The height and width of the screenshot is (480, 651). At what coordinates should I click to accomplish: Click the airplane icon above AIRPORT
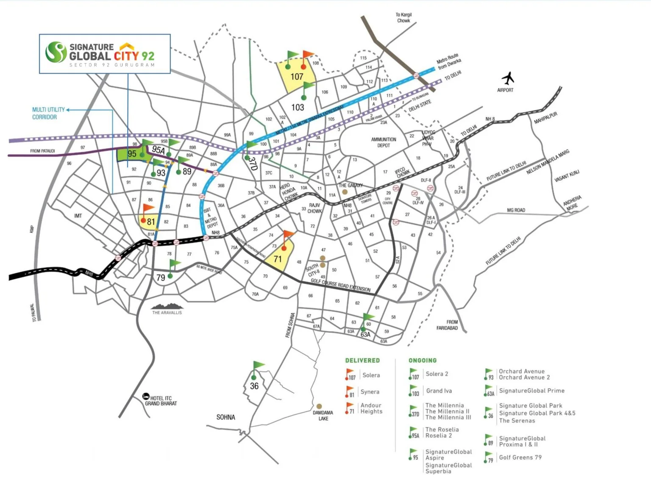(507, 79)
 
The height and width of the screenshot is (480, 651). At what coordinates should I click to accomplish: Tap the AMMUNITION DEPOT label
(384, 142)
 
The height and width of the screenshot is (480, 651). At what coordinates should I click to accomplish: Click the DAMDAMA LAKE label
(323, 415)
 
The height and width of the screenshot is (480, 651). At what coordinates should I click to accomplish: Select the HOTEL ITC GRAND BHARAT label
(161, 401)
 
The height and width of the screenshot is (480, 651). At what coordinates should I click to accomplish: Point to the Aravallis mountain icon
(167, 306)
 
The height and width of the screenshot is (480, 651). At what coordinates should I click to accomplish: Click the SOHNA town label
(225, 417)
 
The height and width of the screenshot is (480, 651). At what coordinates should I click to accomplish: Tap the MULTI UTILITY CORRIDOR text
(48, 113)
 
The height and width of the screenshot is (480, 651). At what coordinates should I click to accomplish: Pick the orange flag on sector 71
(288, 236)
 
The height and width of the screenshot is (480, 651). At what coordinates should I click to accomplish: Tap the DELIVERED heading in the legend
(362, 361)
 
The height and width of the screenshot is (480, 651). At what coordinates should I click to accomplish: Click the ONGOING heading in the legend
(422, 361)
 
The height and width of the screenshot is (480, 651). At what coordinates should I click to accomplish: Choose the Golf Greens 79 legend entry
(520, 458)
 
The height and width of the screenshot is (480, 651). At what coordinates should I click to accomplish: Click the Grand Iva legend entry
(439, 391)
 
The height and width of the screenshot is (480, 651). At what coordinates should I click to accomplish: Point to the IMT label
(78, 216)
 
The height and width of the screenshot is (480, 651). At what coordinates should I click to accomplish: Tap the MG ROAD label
(516, 210)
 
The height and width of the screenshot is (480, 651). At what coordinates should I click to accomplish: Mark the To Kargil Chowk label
(403, 18)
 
